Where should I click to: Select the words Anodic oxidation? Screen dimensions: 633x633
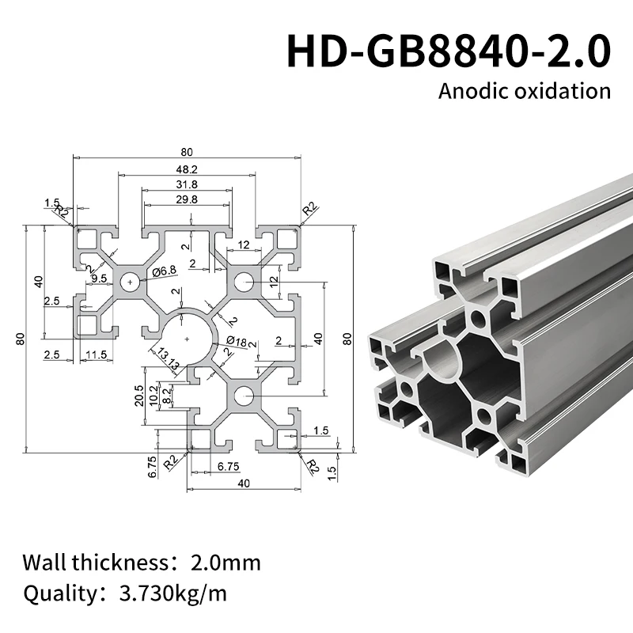pyautogui.click(x=525, y=90)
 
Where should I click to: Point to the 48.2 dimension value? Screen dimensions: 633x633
pyautogui.click(x=187, y=169)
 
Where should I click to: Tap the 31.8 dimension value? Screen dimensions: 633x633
pyautogui.click(x=187, y=184)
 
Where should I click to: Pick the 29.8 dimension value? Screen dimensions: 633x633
pyautogui.click(x=187, y=199)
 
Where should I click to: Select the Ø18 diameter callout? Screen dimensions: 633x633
pyautogui.click(x=237, y=341)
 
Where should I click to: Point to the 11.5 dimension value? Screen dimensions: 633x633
pyautogui.click(x=97, y=354)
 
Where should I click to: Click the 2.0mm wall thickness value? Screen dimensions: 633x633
pyautogui.click(x=226, y=563)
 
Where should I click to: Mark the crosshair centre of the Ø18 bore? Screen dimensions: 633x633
pyautogui.click(x=187, y=339)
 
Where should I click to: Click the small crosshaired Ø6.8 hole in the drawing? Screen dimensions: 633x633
pyautogui.click(x=129, y=281)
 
